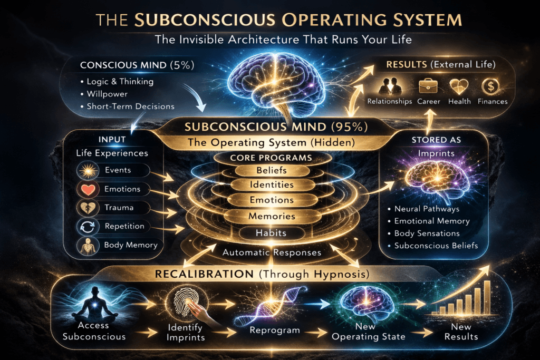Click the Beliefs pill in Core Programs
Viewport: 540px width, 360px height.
click(269, 171)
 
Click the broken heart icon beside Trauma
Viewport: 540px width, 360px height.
click(86, 208)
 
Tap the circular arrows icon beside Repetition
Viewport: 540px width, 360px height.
click(86, 227)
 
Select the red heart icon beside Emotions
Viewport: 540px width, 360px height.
click(86, 189)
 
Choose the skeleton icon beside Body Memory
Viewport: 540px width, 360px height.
click(86, 246)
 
